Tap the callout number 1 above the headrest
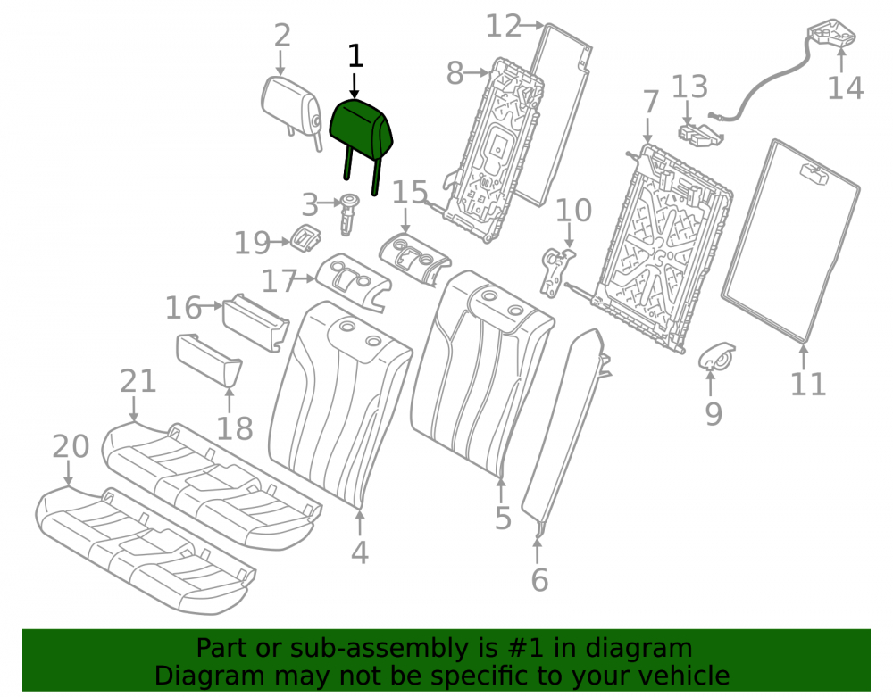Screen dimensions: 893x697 tap(355, 57)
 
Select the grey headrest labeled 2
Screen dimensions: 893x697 tap(291, 108)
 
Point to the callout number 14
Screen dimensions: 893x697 tap(845, 88)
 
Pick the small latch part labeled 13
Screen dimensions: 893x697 tap(700, 134)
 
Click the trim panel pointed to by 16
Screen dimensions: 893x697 tap(255, 322)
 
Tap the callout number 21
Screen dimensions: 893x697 tap(138, 381)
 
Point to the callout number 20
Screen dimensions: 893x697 tap(71, 446)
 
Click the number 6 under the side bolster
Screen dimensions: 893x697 tap(539, 580)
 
